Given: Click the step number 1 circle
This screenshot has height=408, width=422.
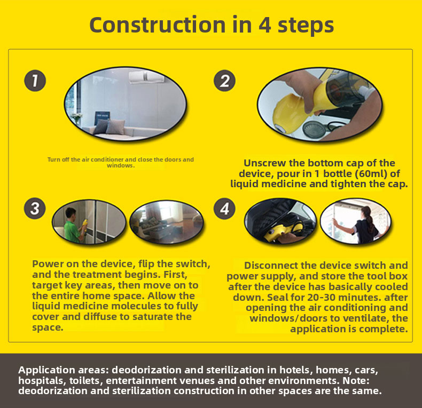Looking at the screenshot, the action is [x=35, y=81].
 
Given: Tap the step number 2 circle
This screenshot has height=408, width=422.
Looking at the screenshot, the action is [x=224, y=81].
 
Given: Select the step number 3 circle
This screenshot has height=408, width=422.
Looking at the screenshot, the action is [x=35, y=209].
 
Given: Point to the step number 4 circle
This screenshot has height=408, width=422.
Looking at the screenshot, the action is [x=224, y=209].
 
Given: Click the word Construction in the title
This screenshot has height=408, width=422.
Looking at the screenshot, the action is [x=158, y=25].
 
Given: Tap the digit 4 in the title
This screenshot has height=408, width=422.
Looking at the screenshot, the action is [x=265, y=25].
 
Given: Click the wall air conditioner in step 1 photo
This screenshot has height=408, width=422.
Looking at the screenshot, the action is [x=146, y=77].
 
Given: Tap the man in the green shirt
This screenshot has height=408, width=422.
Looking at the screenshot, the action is [x=72, y=225].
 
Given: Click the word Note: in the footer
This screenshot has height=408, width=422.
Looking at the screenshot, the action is [x=356, y=381].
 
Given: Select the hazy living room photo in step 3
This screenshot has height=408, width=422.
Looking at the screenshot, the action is [x=167, y=222].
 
